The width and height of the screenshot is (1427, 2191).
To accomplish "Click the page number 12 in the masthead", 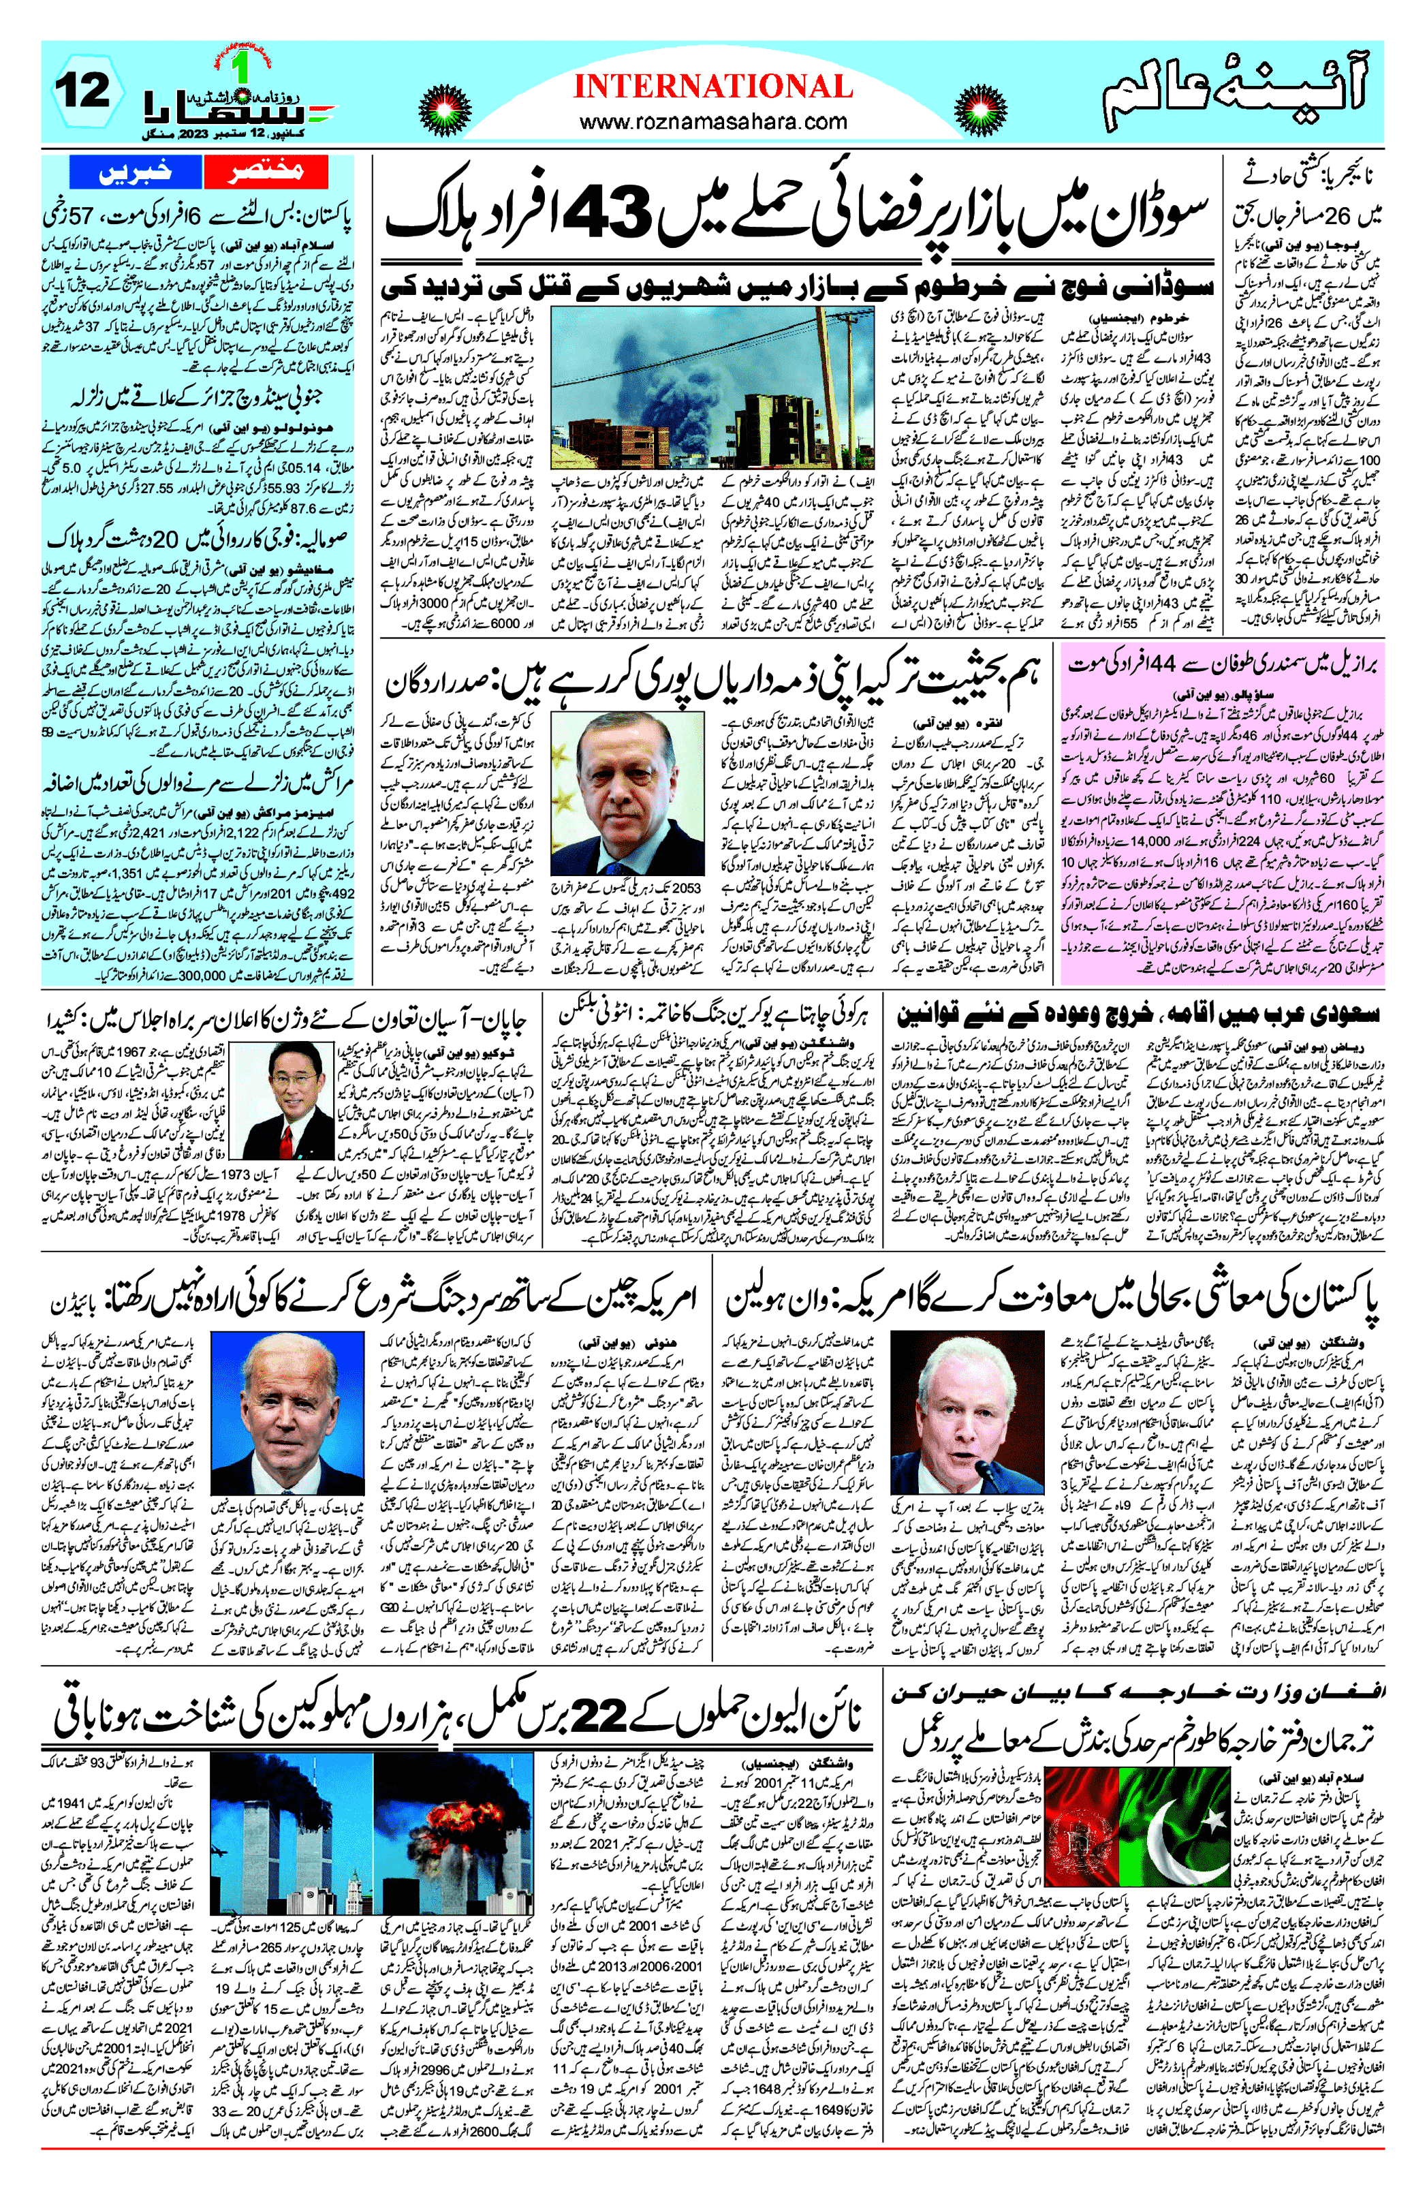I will pos(83,93).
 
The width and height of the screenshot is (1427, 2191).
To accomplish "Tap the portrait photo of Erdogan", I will pos(628,794).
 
